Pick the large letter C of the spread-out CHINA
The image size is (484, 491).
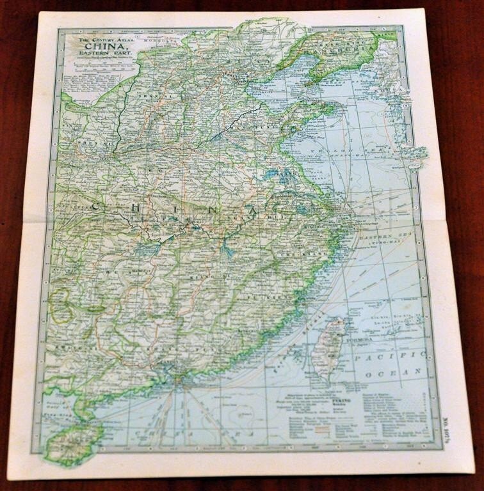pos(94,206)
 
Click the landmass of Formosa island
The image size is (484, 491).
pos(329,345)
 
